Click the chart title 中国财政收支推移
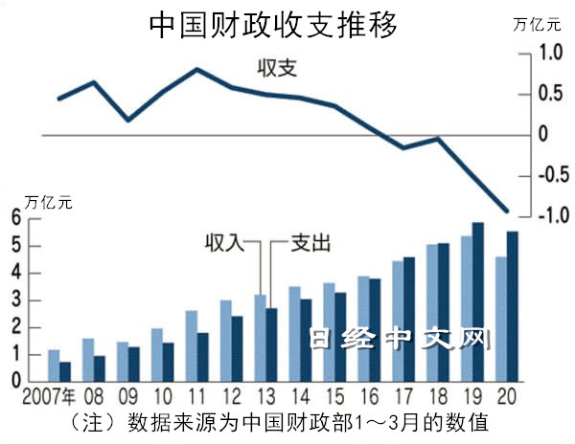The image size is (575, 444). pos(273,26)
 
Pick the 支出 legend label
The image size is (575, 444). pos(312,243)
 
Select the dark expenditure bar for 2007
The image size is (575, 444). pos(65,371)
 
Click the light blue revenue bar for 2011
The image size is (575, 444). pos(191,345)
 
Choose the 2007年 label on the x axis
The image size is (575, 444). pos(51,395)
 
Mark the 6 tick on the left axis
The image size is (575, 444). pos(16,219)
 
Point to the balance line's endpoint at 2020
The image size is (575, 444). pos(507,211)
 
